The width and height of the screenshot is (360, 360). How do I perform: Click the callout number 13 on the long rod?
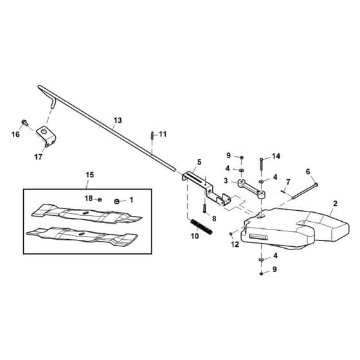118,120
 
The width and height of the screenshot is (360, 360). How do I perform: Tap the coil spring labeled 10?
202,226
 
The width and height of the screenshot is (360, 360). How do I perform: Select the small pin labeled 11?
152,135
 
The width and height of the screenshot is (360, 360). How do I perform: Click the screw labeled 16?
24,122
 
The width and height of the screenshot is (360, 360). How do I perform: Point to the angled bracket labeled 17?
47,136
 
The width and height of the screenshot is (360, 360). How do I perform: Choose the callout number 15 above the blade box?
89,175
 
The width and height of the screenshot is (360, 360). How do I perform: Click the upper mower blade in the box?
87,213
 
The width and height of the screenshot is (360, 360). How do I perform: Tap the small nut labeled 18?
100,199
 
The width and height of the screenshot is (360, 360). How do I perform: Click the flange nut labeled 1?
116,201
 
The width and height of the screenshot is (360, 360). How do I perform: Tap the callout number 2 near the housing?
335,203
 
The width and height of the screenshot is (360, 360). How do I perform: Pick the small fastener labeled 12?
231,234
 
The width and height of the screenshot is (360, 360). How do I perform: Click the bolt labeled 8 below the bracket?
204,208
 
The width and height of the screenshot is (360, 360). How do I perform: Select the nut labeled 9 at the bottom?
261,273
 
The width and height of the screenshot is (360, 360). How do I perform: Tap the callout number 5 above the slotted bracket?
199,162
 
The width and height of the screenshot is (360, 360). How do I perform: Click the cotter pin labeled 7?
284,191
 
